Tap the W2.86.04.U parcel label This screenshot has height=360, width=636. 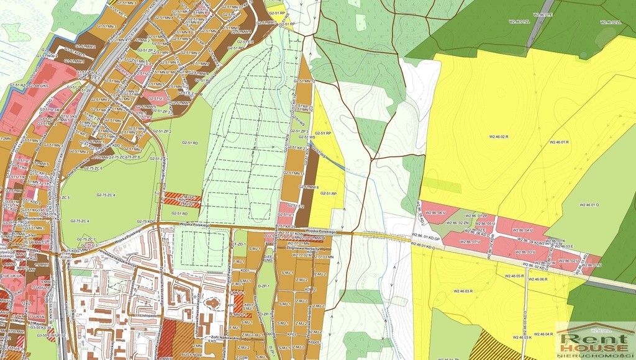click(x=524, y=230)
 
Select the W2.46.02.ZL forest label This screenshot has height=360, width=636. click(x=611, y=22)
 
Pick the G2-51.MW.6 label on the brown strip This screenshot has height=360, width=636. click(x=309, y=187)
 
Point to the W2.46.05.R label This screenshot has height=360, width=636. click(x=514, y=276)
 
